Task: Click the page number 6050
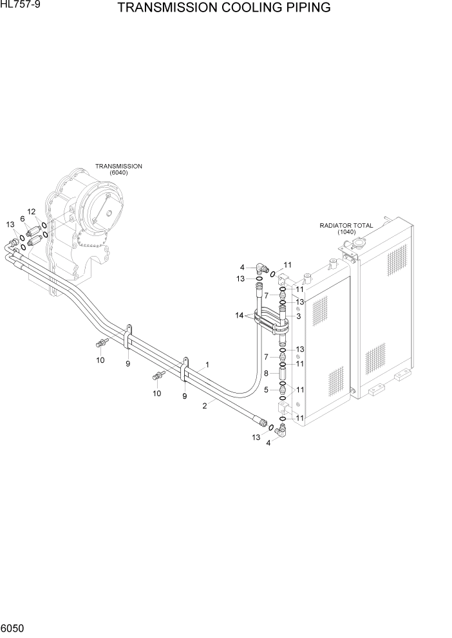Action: [x=14, y=628]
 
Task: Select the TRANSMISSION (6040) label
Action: [x=118, y=169]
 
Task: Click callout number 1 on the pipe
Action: [x=207, y=365]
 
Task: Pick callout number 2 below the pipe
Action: [x=204, y=405]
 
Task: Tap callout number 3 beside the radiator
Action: [x=298, y=316]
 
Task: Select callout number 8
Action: [x=266, y=373]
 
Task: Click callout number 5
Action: [x=266, y=389]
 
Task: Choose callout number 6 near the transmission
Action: [x=23, y=219]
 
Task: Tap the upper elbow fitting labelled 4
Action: [x=261, y=269]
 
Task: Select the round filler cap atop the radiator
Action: [x=353, y=245]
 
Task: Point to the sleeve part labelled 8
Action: [x=283, y=373]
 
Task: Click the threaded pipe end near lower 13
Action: [x=262, y=423]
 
